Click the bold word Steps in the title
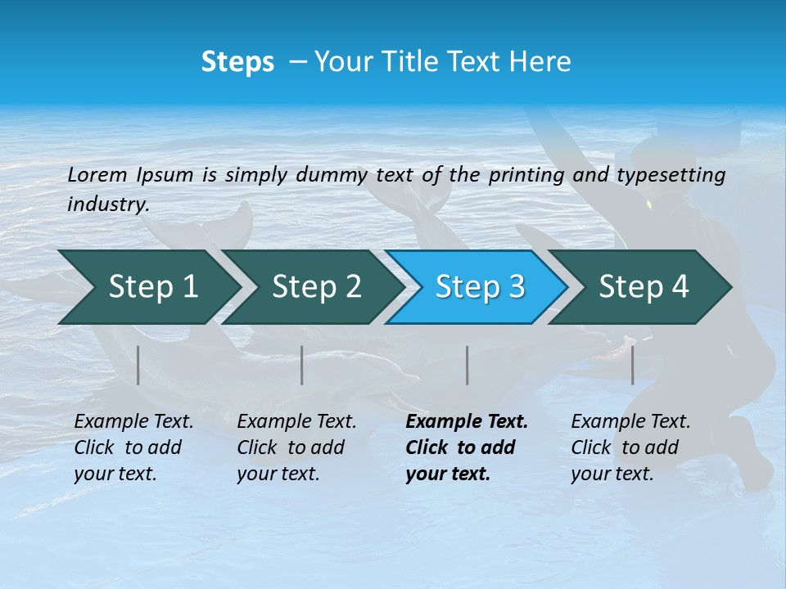(237, 62)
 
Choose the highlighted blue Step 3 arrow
(480, 286)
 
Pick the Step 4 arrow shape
(644, 286)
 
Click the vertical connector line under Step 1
(138, 365)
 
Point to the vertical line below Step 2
(302, 365)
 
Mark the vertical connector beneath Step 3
(468, 365)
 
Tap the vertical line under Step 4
(632, 365)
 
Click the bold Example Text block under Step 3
(467, 447)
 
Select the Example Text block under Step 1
(133, 447)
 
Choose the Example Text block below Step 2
(296, 447)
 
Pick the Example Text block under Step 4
(630, 447)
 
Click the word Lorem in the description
(97, 174)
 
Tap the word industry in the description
(108, 205)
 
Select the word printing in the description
(524, 175)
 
